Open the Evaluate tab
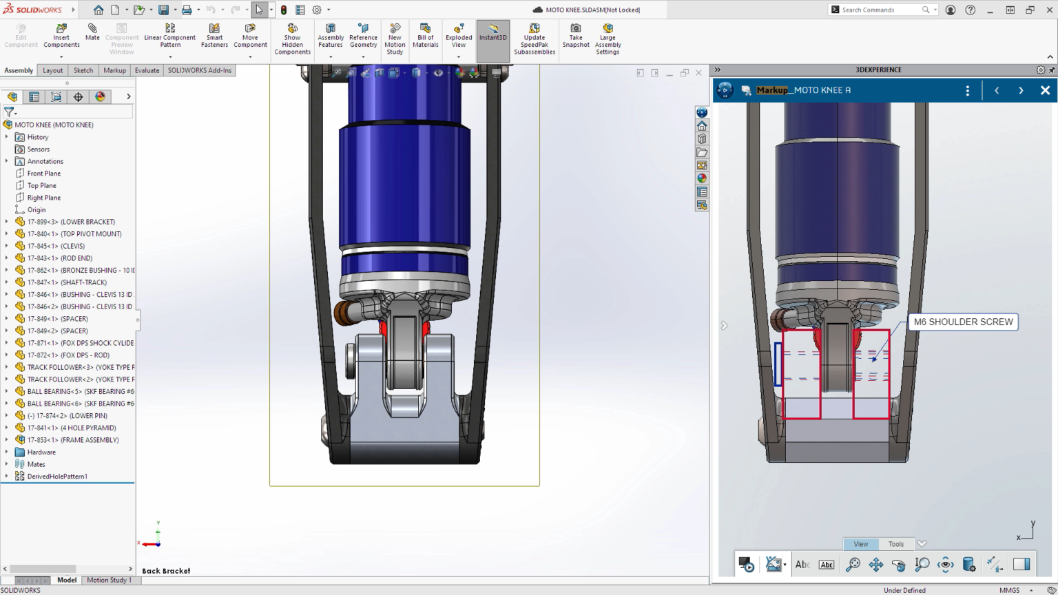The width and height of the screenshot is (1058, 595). pyautogui.click(x=147, y=70)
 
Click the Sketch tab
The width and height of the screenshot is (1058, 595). pyautogui.click(x=83, y=70)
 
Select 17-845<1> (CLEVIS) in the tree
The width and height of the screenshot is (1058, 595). pyautogui.click(x=56, y=246)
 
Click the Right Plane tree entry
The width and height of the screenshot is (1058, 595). pyautogui.click(x=43, y=198)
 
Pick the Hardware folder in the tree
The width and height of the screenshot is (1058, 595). pyautogui.click(x=41, y=452)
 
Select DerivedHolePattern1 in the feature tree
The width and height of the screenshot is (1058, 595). pyautogui.click(x=57, y=477)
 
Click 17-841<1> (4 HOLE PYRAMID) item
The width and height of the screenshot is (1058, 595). pyautogui.click(x=72, y=428)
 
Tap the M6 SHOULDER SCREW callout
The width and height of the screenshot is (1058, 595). pyautogui.click(x=963, y=322)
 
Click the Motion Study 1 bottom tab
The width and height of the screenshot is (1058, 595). pyautogui.click(x=109, y=580)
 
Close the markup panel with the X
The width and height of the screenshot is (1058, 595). pyautogui.click(x=1045, y=90)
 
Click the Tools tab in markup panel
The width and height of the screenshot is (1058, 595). pyautogui.click(x=895, y=544)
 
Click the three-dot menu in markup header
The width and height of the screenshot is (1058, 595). pyautogui.click(x=968, y=90)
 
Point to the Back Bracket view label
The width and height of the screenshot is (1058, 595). pyautogui.click(x=166, y=571)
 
